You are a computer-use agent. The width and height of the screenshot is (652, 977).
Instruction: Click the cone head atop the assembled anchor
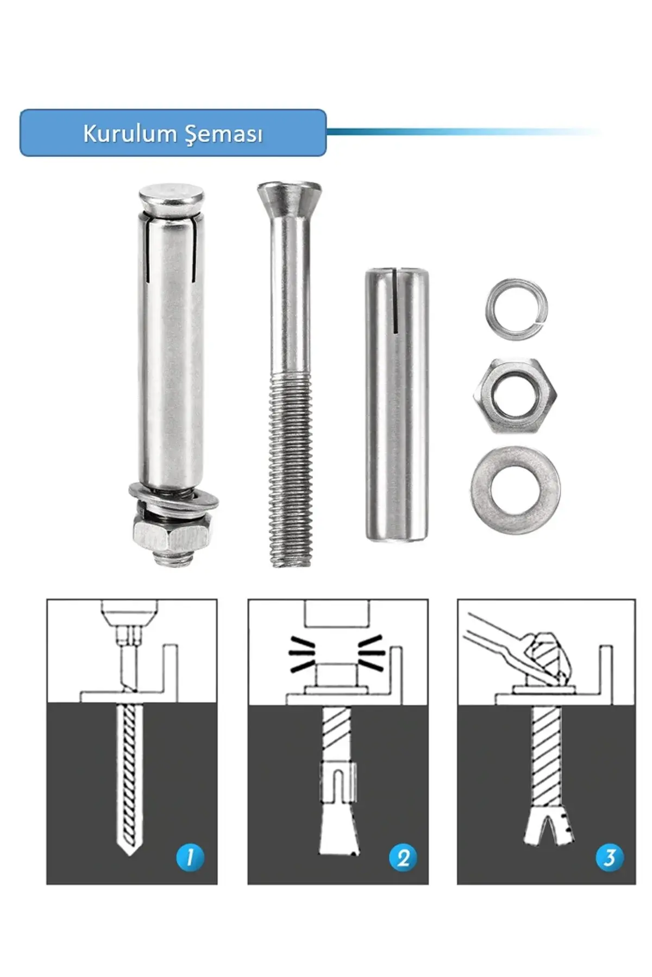click(172, 202)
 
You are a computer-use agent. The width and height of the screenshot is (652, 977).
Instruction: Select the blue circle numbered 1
click(190, 858)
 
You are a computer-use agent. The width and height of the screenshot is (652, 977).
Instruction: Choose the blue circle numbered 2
click(403, 858)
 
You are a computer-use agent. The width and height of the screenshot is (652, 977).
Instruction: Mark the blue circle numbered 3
click(610, 858)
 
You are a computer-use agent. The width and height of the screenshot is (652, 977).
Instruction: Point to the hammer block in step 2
click(337, 613)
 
